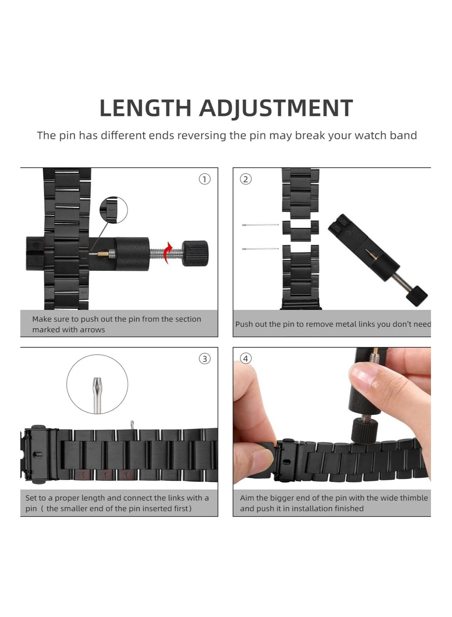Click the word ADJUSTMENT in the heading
[x=276, y=108]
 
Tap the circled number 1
[x=205, y=179]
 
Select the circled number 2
[x=246, y=179]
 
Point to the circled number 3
[x=205, y=359]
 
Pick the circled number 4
[x=246, y=359]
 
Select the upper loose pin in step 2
[x=260, y=224]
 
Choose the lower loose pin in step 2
[x=260, y=249]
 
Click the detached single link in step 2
[x=301, y=230]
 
